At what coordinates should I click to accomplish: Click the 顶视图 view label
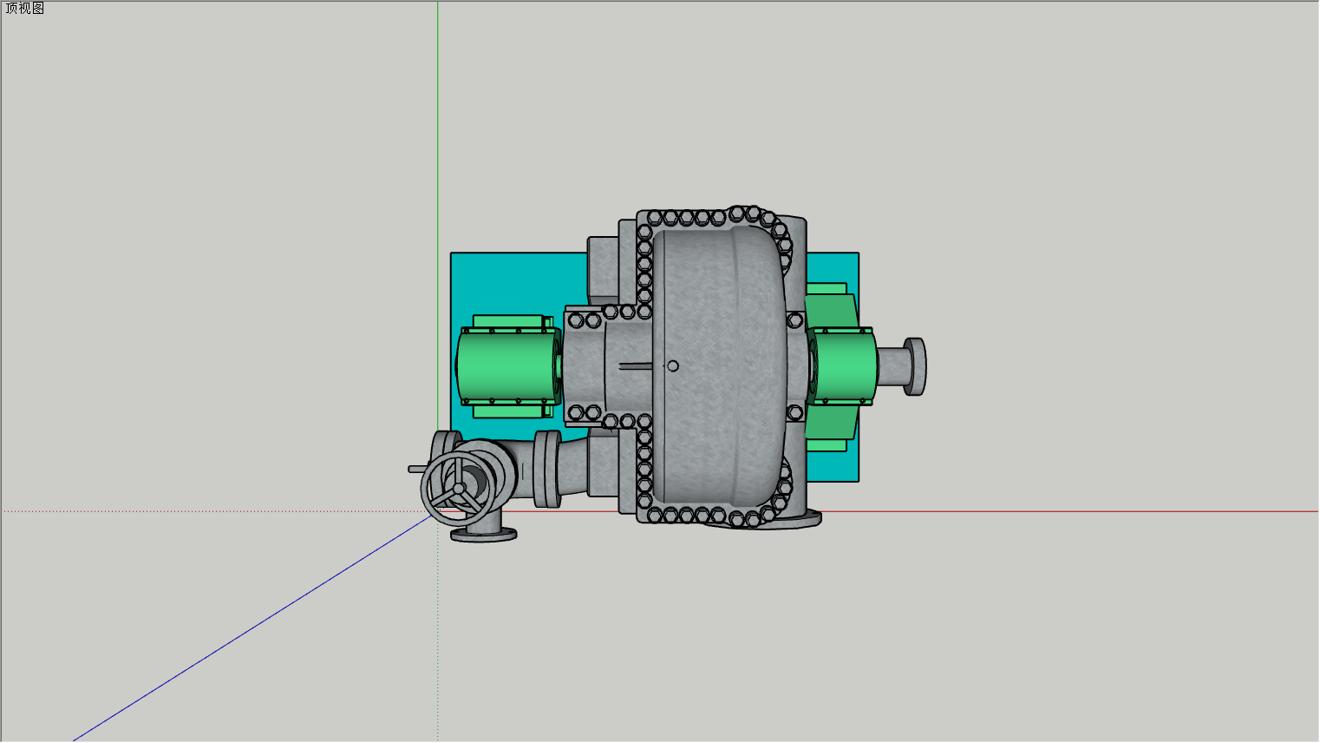click(24, 9)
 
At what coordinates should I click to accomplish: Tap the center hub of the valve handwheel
click(459, 489)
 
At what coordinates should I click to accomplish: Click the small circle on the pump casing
click(672, 366)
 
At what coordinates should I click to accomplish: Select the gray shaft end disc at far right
click(915, 366)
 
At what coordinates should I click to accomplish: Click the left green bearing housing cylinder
click(508, 366)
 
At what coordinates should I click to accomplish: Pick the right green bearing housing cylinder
click(841, 366)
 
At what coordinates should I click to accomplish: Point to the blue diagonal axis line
click(253, 628)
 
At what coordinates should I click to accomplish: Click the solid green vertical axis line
click(438, 216)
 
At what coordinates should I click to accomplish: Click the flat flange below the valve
click(484, 535)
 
